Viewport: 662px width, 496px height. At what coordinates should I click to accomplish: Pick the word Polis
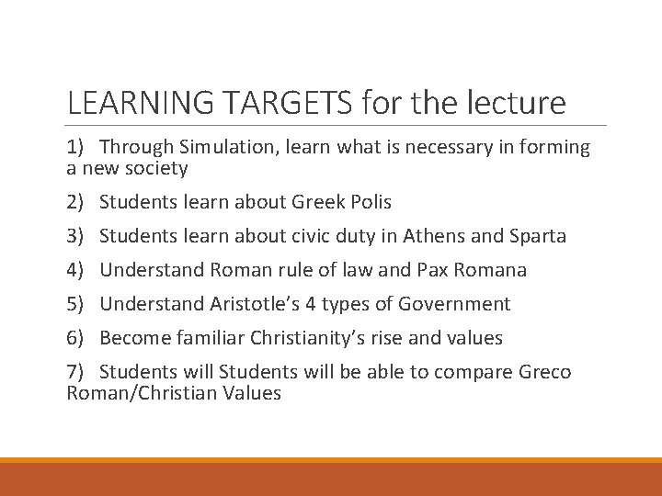tap(368, 202)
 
